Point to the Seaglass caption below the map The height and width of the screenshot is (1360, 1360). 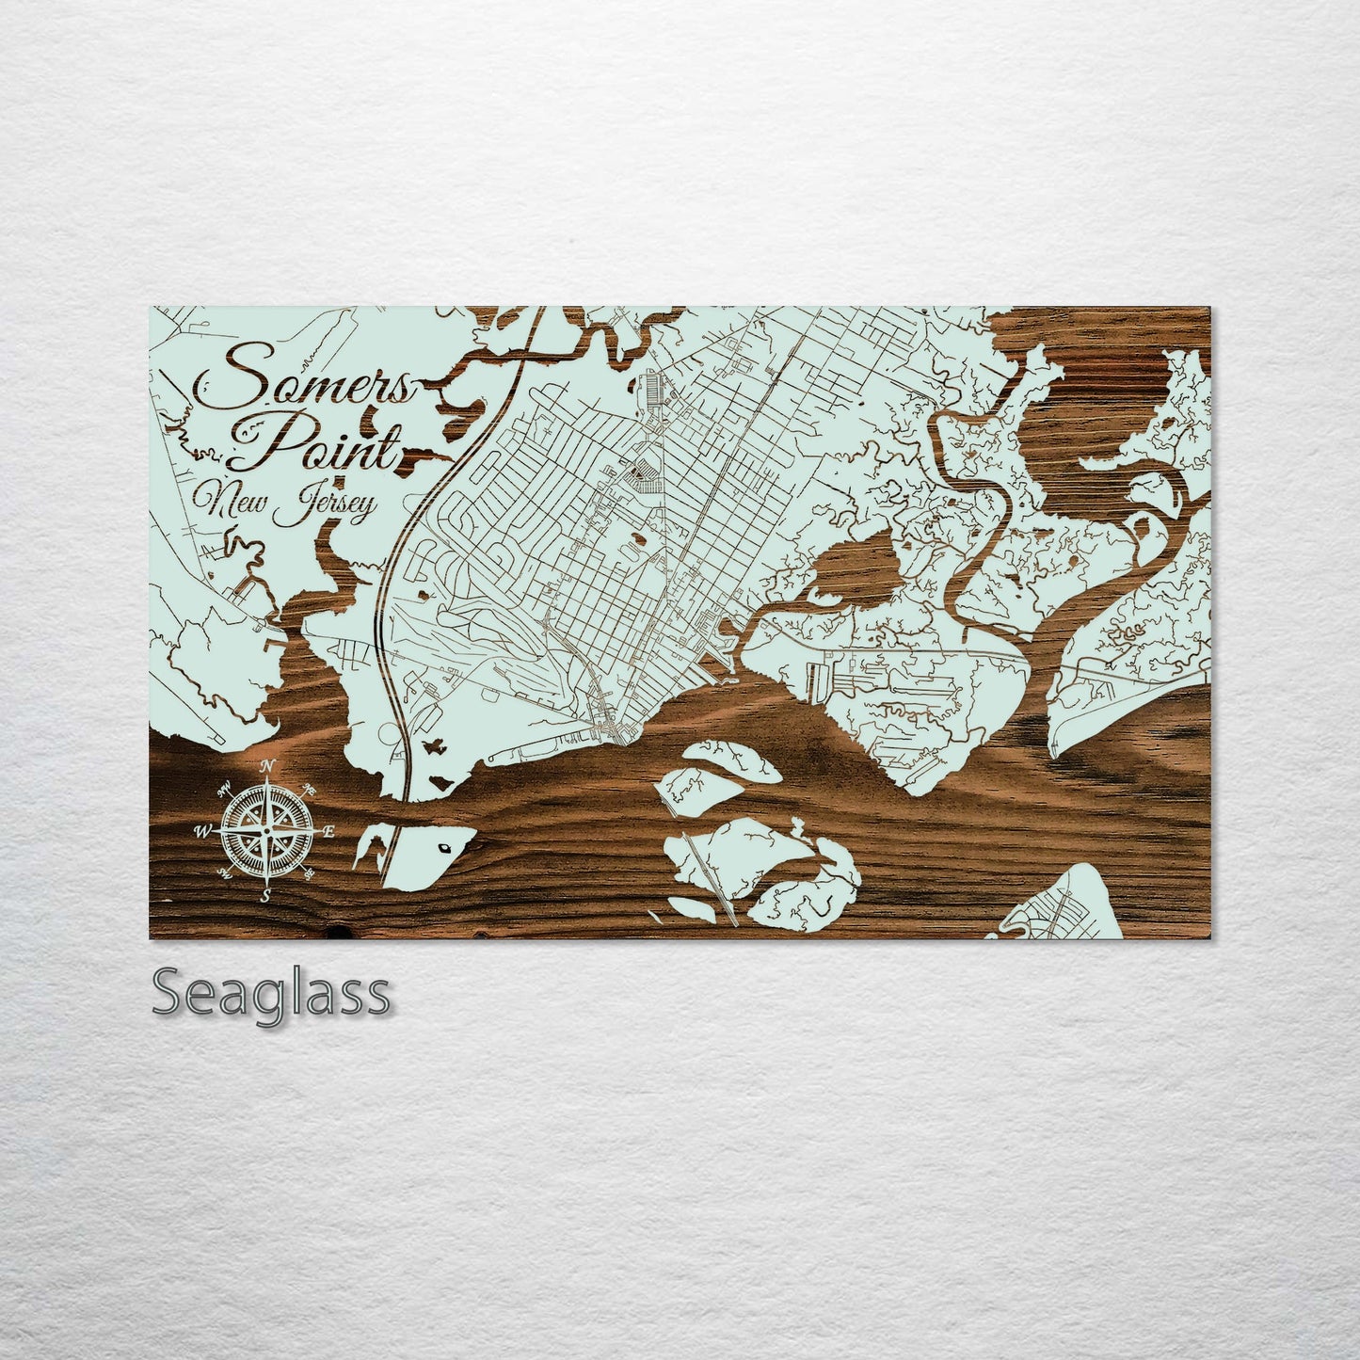click(x=271, y=993)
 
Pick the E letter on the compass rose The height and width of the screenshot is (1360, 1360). click(x=328, y=831)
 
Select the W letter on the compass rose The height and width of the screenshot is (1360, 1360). click(x=202, y=831)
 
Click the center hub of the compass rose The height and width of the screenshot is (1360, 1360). click(x=266, y=831)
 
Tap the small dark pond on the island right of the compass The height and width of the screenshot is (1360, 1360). click(x=446, y=847)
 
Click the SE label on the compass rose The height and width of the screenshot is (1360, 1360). click(x=311, y=875)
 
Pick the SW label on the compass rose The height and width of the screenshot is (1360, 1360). click(x=224, y=875)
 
